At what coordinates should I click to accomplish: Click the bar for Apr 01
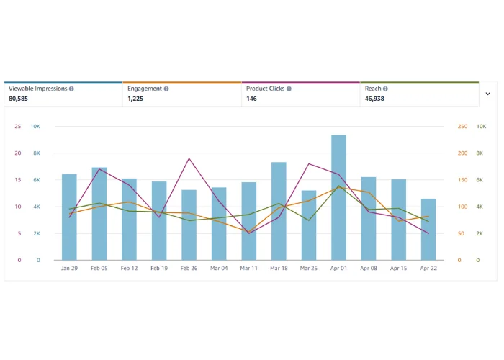pyautogui.click(x=338, y=198)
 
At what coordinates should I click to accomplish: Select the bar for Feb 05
pyautogui.click(x=99, y=214)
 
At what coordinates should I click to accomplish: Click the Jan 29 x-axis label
pyautogui.click(x=69, y=268)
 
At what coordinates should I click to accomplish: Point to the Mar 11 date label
pyautogui.click(x=248, y=268)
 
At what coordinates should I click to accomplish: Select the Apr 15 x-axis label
pyautogui.click(x=398, y=268)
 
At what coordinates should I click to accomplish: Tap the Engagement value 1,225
pyautogui.click(x=135, y=99)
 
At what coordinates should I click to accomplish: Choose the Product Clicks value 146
pyautogui.click(x=252, y=99)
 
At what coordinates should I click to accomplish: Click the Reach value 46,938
pyautogui.click(x=374, y=99)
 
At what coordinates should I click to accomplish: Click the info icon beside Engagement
pyautogui.click(x=166, y=89)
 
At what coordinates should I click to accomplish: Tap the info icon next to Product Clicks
pyautogui.click(x=289, y=89)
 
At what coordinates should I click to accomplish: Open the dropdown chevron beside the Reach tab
pyautogui.click(x=487, y=94)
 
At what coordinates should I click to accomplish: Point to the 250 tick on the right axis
pyautogui.click(x=462, y=127)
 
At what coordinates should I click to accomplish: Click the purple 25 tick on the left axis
pyautogui.click(x=17, y=127)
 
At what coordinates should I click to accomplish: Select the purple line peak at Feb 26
pyautogui.click(x=189, y=158)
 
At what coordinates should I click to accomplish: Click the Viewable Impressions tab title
pyautogui.click(x=37, y=89)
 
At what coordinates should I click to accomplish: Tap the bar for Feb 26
pyautogui.click(x=189, y=225)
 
